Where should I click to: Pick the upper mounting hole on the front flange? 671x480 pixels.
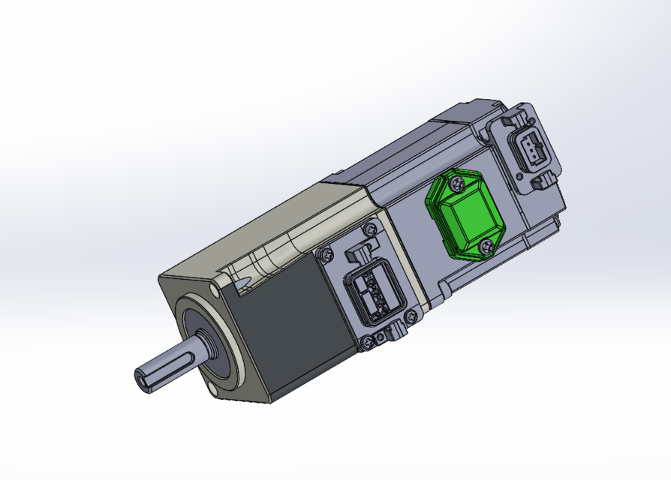(x=215, y=287)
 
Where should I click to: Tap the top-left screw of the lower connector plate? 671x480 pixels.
(x=326, y=255)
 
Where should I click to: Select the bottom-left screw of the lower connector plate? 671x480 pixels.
(x=367, y=343)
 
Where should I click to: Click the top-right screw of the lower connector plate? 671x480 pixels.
(x=369, y=229)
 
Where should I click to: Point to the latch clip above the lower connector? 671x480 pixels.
(x=359, y=253)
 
